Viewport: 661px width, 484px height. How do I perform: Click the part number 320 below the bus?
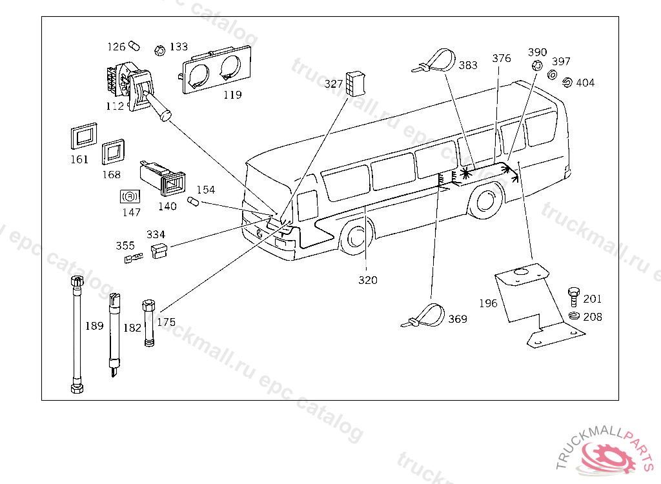pos(367,280)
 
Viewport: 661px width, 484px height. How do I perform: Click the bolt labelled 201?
pos(573,297)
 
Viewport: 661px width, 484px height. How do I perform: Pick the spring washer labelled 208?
pos(574,315)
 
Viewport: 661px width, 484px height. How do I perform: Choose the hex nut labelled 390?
pos(536,66)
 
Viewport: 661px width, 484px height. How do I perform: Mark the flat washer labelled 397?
pos(552,75)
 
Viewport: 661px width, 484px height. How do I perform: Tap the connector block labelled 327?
pos(356,83)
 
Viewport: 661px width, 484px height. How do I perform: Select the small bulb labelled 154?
pos(193,201)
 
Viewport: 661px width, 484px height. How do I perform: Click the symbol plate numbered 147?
pos(130,197)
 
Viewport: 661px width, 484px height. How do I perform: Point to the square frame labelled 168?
pos(113,152)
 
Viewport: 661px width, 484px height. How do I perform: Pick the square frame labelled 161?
pos(84,136)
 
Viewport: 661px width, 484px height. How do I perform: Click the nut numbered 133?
pos(160,50)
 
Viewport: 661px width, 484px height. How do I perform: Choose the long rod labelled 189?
pos(77,334)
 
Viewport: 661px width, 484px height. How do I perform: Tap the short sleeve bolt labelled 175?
pos(149,323)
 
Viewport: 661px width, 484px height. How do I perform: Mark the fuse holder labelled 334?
pos(159,250)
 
